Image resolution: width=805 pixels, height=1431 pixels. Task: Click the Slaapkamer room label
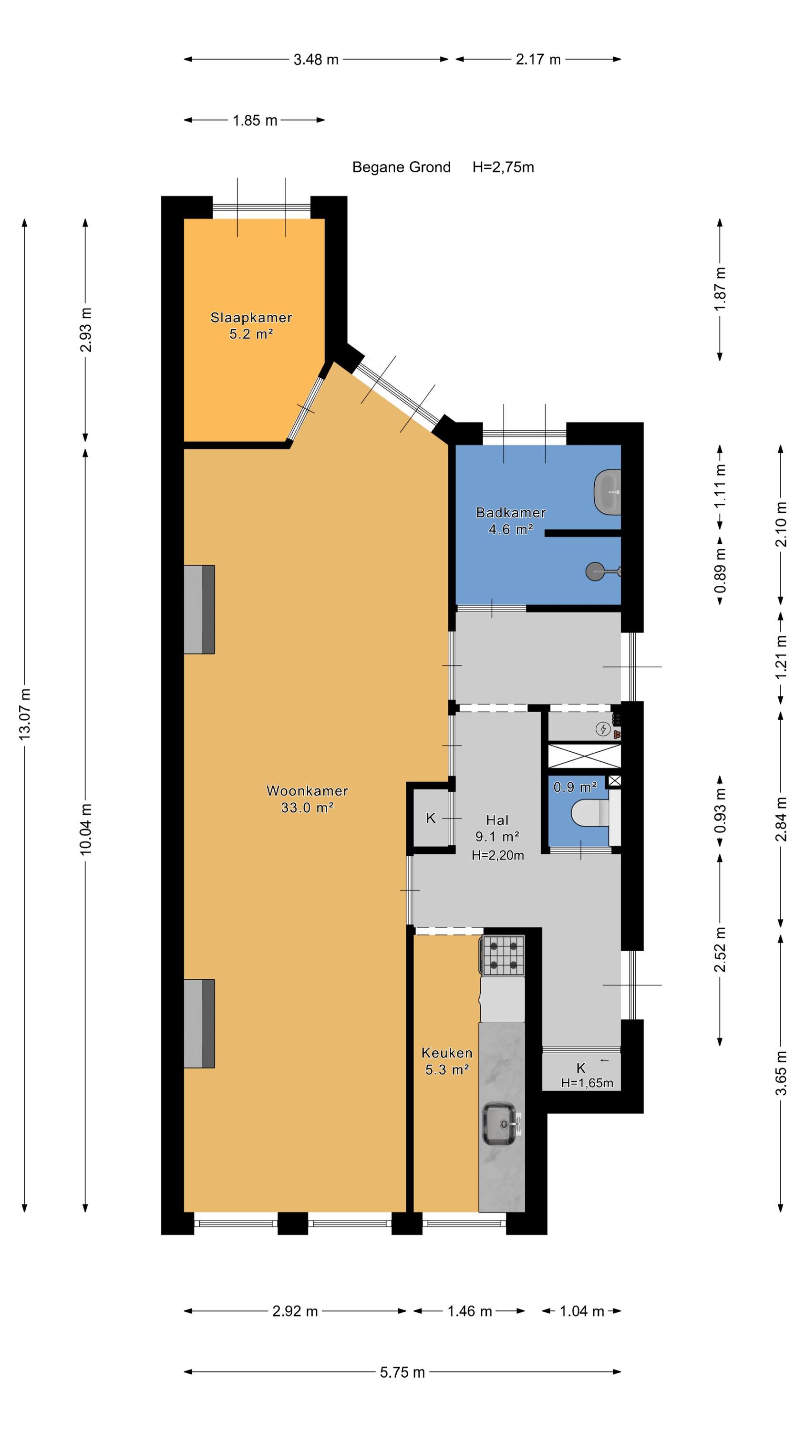point(251,317)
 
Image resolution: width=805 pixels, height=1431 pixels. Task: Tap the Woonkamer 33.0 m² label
point(307,799)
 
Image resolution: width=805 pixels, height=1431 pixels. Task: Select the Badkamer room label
point(511,512)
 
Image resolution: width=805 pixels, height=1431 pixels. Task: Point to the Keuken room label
point(447,1052)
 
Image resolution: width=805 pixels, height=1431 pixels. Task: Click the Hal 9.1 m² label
point(498,828)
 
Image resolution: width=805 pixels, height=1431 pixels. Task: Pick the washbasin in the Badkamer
point(607,492)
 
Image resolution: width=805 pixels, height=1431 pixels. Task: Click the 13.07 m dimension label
point(25,714)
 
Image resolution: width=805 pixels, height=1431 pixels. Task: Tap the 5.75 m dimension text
point(402,1372)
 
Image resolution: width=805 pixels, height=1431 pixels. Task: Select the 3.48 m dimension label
point(316,60)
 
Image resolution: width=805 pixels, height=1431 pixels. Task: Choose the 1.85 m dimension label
point(255,120)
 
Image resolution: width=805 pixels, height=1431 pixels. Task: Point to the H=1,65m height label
point(587,1083)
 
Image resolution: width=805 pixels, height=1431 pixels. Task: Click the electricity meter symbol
point(603,729)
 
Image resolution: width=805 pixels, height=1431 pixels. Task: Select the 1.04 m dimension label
point(582,1311)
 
